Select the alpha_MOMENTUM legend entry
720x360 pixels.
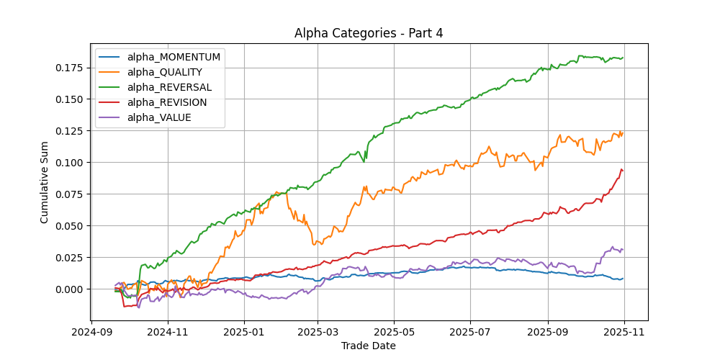174,57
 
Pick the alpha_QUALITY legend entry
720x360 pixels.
164,72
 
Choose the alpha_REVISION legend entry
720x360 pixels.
166,102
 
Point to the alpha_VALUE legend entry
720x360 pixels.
159,117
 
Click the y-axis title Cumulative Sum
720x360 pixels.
45,182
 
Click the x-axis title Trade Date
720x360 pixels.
368,346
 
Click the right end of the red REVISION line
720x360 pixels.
623,171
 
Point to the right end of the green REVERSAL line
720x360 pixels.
623,58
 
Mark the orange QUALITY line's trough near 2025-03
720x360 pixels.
315,245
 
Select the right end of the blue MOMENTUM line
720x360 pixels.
623,279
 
